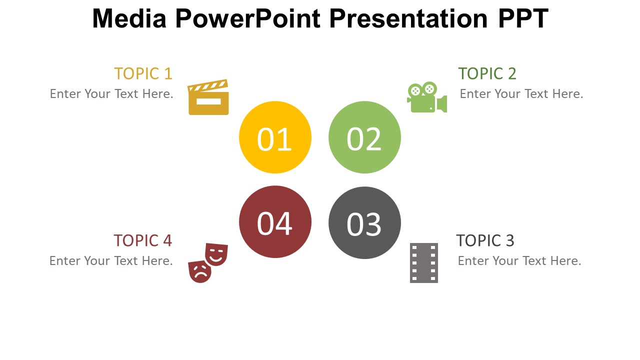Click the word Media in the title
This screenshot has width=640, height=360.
[129, 18]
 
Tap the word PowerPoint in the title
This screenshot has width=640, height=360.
[248, 18]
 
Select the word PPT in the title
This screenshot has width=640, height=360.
[523, 18]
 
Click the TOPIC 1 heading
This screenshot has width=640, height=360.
[143, 73]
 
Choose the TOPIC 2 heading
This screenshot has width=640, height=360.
[487, 73]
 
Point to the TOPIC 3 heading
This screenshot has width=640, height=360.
[485, 240]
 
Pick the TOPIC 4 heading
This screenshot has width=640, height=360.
[143, 240]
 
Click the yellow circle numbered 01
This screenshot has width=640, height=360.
[275, 137]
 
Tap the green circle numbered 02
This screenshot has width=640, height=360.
[364, 137]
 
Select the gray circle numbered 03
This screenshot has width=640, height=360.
[364, 223]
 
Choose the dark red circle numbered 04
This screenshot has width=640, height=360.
[275, 221]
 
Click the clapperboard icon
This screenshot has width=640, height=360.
[208, 97]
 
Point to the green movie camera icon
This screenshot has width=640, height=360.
[427, 97]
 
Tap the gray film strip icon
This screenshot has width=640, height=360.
[424, 263]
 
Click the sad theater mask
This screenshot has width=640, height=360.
[199, 271]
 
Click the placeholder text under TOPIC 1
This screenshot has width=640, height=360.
[111, 94]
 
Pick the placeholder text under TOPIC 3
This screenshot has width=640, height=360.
[519, 261]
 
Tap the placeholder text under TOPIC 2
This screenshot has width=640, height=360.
[521, 94]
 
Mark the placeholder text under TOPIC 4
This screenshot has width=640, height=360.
[111, 261]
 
